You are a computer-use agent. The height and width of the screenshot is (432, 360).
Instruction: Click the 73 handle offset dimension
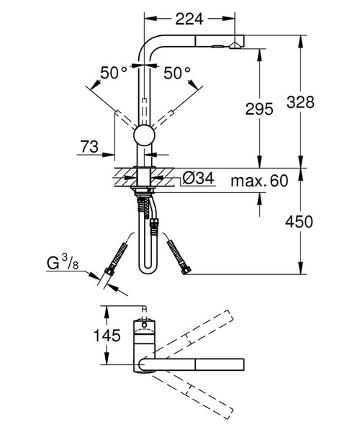coord(89,148)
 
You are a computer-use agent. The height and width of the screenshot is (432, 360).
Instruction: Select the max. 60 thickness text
coord(259,180)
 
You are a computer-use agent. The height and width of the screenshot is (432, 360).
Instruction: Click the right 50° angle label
coord(177,73)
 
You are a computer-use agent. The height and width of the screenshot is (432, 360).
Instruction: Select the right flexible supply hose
coord(177,256)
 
